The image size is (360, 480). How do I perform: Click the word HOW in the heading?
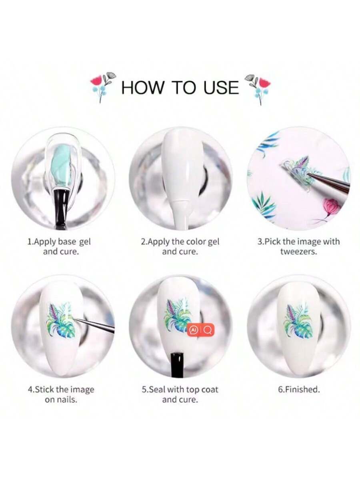point(142,88)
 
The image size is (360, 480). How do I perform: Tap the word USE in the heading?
point(221,88)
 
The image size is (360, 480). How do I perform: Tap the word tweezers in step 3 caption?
point(298,252)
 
